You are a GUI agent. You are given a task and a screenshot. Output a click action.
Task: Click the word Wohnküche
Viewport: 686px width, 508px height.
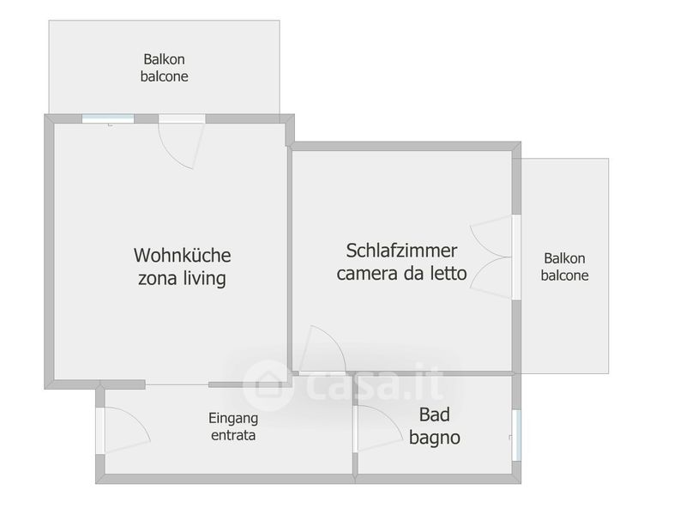[x=182, y=255]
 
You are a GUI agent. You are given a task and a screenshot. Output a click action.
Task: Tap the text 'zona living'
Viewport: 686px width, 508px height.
[x=182, y=279]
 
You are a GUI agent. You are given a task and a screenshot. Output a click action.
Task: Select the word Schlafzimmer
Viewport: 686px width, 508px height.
[x=401, y=251]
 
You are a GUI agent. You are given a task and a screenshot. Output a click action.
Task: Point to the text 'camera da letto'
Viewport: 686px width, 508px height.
[x=401, y=275]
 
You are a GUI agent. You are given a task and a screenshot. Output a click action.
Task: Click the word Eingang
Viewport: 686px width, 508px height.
[x=233, y=419]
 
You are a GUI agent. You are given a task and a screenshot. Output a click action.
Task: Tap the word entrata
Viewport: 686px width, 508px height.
[x=233, y=435]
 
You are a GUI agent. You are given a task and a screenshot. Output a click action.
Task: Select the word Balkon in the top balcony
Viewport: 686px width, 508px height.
[x=164, y=60]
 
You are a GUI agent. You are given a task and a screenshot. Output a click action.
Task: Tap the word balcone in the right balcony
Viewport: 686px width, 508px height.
[x=565, y=275]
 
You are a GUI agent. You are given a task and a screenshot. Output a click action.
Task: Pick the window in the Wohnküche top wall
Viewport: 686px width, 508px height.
[x=109, y=119]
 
